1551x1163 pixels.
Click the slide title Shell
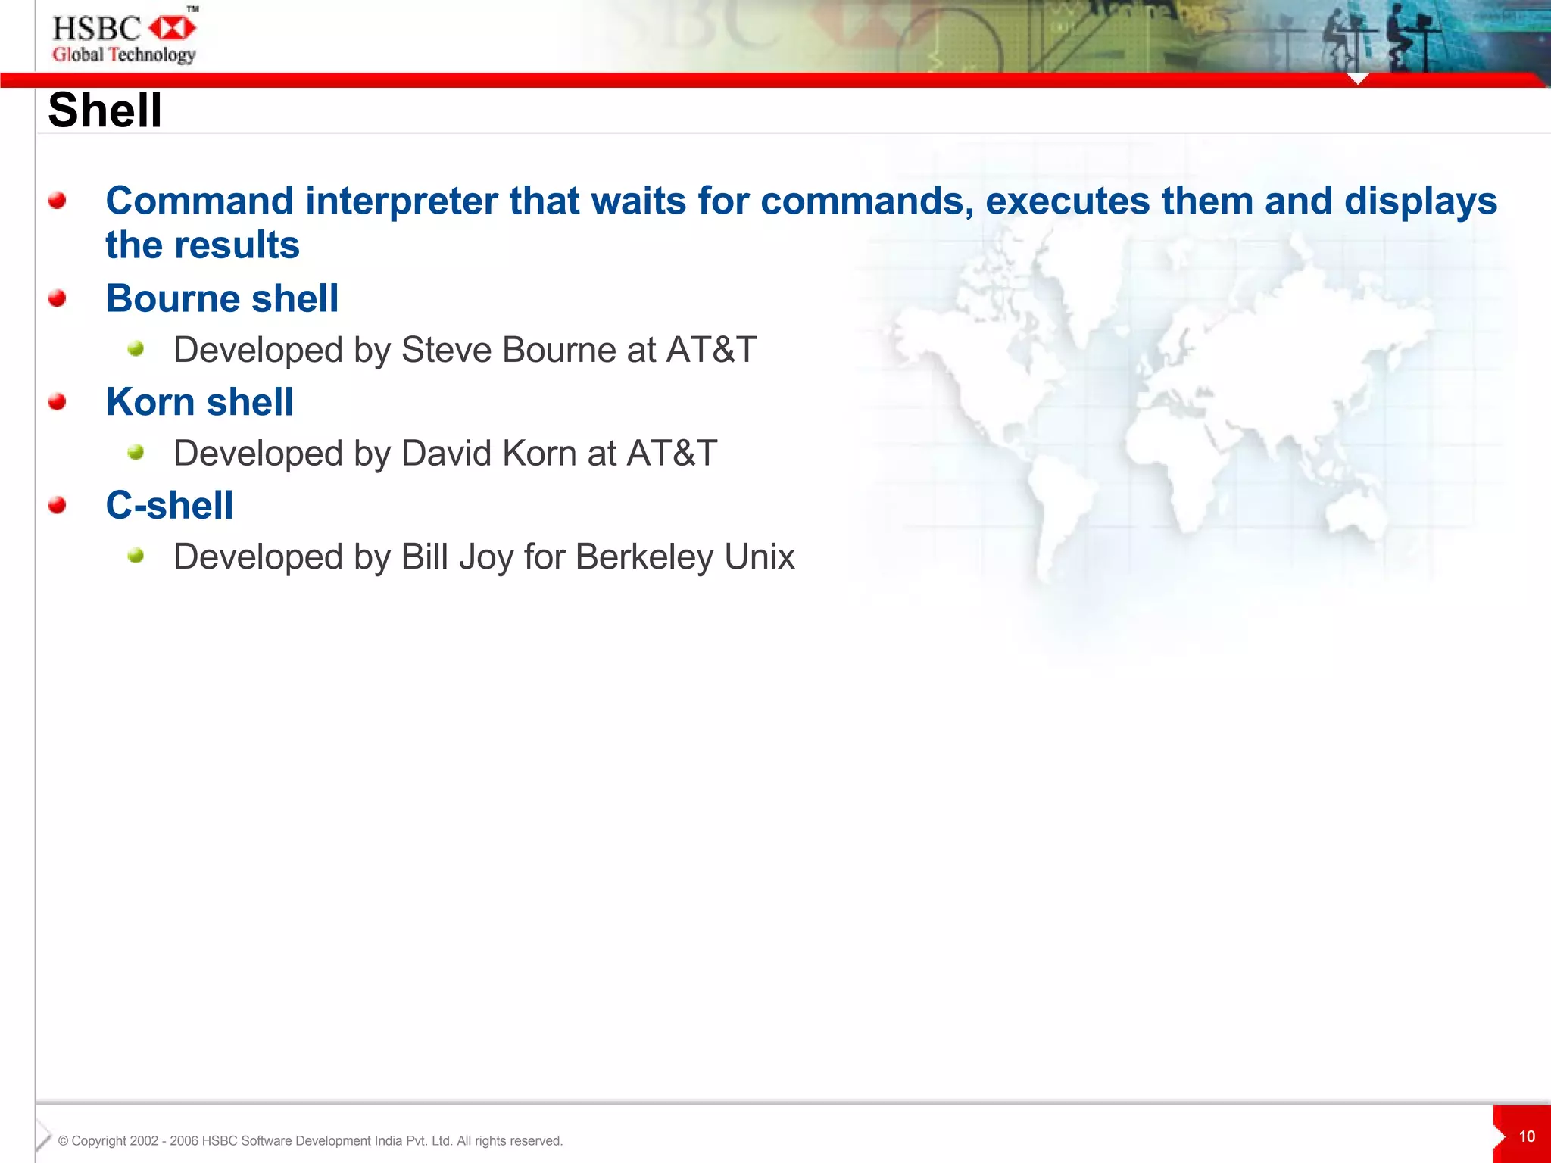coord(105,111)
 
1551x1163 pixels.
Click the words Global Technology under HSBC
coord(123,55)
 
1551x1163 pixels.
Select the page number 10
coord(1526,1136)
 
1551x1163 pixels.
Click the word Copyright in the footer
coord(98,1141)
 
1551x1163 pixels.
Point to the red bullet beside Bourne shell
coord(57,298)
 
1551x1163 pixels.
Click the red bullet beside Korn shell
coord(57,401)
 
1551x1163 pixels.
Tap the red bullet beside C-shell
coord(57,505)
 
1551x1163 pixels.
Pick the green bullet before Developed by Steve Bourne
coord(136,348)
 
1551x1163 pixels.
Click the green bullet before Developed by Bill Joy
coord(136,556)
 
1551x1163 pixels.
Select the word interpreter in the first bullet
coord(401,201)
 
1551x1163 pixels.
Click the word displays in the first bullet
coord(1420,201)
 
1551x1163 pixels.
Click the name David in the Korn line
coord(446,454)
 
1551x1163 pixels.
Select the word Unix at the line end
coord(759,557)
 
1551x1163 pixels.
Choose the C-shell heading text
coord(170,505)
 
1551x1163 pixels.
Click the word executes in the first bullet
coord(1067,201)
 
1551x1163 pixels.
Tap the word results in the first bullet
coord(236,245)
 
